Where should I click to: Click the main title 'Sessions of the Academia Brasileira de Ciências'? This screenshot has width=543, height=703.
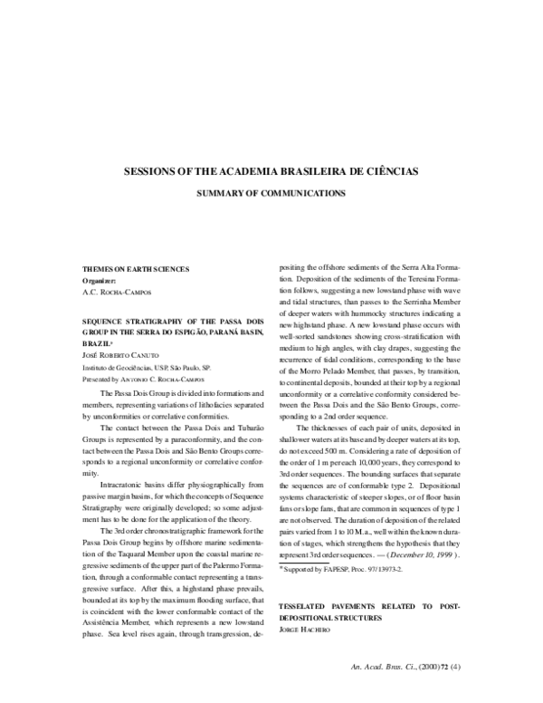click(271, 170)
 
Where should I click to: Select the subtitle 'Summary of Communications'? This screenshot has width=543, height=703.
click(271, 193)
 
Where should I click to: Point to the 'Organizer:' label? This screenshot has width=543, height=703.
click(100, 282)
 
